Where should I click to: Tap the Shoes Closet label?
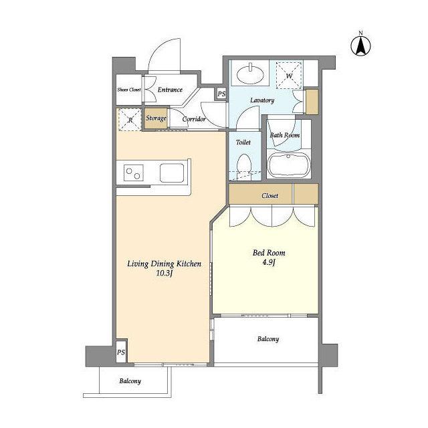click(129, 90)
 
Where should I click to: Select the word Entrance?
click(170, 90)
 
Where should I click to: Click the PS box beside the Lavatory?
click(221, 94)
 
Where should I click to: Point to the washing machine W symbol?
click(289, 76)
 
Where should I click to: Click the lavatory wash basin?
click(250, 74)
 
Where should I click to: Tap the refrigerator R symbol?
click(130, 120)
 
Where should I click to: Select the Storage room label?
click(156, 118)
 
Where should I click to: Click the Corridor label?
click(194, 119)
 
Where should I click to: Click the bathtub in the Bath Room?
click(289, 165)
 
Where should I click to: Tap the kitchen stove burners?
click(134, 173)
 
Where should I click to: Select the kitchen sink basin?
click(172, 173)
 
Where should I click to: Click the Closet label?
click(270, 196)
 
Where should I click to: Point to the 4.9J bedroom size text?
click(269, 263)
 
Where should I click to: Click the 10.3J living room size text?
click(165, 274)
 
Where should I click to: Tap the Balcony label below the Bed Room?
click(268, 339)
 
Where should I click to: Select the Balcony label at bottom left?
click(130, 381)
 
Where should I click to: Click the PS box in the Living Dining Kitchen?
click(121, 352)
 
